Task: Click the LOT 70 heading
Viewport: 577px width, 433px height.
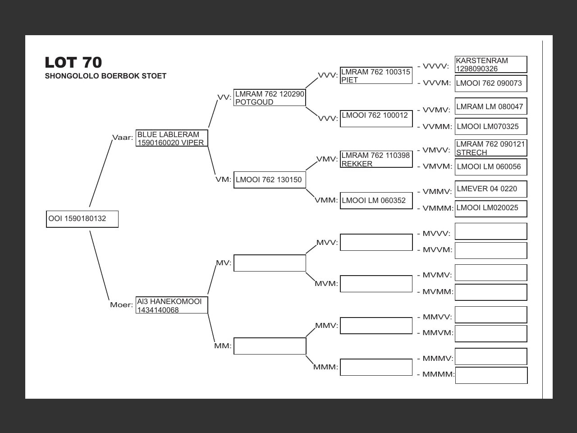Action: (73, 62)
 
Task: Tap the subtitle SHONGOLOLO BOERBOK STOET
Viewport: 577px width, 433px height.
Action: (105, 76)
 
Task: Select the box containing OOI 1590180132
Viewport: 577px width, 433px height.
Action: (82, 219)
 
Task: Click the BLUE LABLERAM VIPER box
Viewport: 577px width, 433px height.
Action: (171, 138)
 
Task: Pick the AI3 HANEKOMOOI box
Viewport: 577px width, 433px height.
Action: (171, 305)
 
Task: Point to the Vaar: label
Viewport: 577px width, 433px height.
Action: (122, 137)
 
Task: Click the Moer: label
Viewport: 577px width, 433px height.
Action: (121, 304)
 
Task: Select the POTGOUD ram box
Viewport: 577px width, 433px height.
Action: (270, 98)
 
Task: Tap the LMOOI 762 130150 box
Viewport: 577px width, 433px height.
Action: (270, 180)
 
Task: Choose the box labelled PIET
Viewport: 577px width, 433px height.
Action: (376, 75)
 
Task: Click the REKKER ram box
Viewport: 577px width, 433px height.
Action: (376, 159)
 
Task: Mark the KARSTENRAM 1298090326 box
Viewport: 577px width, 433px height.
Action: (491, 64)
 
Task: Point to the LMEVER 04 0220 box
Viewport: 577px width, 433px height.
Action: (491, 189)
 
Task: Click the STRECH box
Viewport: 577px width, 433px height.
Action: (491, 148)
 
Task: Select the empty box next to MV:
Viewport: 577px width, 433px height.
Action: (270, 263)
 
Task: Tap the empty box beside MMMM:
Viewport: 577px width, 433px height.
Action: (491, 375)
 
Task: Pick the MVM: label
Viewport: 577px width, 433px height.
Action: (326, 283)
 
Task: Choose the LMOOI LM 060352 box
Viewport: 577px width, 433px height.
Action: (376, 201)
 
